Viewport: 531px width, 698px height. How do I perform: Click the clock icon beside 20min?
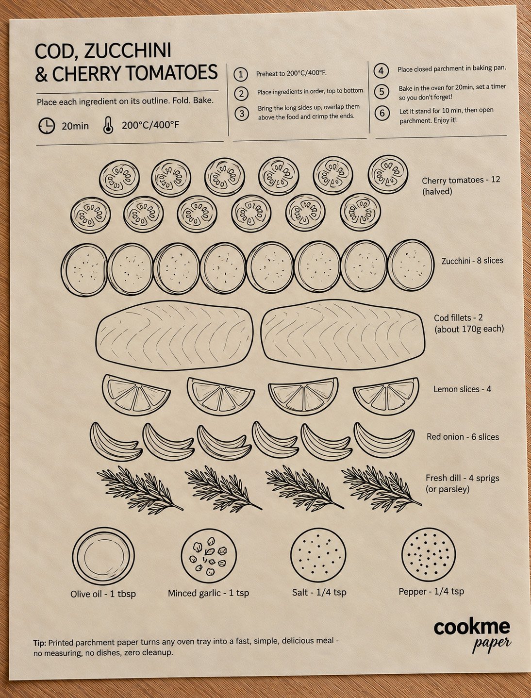(x=47, y=126)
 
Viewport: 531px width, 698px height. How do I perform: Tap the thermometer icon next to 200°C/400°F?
(x=108, y=125)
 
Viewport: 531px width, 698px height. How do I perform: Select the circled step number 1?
(x=241, y=74)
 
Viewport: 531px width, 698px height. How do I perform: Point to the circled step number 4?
(x=381, y=70)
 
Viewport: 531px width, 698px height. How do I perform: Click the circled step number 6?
(x=382, y=113)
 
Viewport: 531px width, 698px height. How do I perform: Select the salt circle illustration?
(x=318, y=555)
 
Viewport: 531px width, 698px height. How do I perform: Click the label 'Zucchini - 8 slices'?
(x=472, y=261)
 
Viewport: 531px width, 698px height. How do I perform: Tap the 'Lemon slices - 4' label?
(x=462, y=389)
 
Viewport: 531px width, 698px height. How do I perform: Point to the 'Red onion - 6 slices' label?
(x=463, y=437)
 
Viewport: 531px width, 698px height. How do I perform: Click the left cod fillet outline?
(x=175, y=335)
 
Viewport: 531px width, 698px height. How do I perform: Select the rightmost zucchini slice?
(x=411, y=266)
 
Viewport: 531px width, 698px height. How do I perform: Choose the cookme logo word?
(x=472, y=628)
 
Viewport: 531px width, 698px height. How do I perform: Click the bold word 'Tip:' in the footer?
(x=40, y=643)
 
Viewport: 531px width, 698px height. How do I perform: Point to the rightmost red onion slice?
(x=384, y=437)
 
